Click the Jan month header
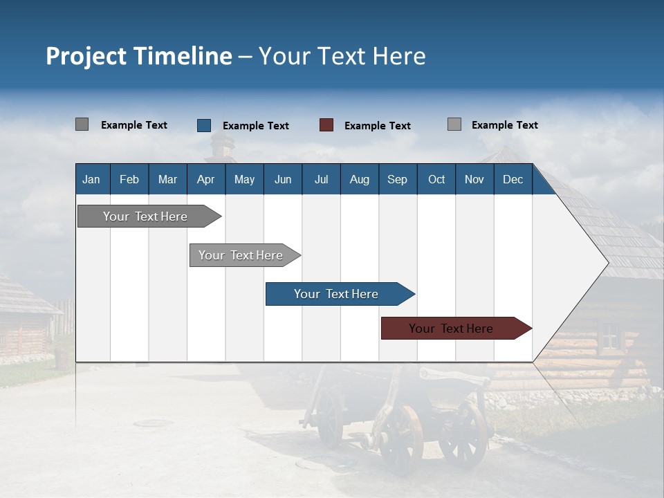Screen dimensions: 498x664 point(91,179)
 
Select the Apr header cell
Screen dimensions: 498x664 point(205,179)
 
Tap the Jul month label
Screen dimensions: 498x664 point(321,179)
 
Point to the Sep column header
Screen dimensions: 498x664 point(397,179)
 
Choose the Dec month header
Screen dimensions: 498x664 point(513,179)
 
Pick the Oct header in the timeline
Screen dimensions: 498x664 point(436,179)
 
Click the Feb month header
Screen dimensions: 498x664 point(129,179)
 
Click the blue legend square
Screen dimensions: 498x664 point(204,125)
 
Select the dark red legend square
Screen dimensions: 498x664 point(326,125)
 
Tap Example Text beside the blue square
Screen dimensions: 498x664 point(255,126)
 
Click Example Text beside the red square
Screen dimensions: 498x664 point(377,126)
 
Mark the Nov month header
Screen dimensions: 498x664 point(474,179)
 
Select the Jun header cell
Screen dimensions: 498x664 point(283,179)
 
